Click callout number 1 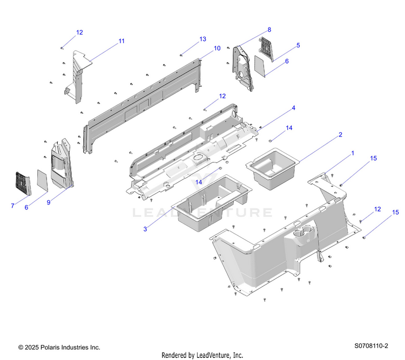(x=353, y=153)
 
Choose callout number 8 (x=269, y=29)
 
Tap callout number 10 (x=217, y=48)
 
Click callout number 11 (x=122, y=41)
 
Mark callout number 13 (x=203, y=39)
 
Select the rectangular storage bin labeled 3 (x=212, y=202)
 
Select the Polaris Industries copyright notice (x=59, y=347)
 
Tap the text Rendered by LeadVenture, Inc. (x=202, y=355)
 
